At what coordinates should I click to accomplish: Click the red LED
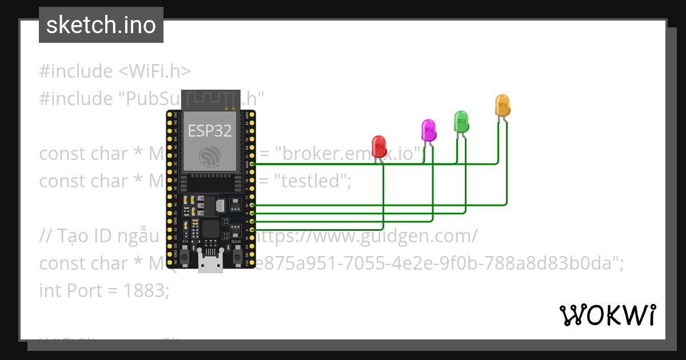(378, 146)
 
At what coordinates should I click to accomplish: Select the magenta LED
(428, 130)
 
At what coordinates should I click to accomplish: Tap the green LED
(461, 121)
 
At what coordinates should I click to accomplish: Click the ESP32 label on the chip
(210, 131)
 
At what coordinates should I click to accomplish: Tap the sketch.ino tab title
(101, 25)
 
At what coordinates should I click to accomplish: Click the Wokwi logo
(607, 315)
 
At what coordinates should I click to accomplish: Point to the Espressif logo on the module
(210, 157)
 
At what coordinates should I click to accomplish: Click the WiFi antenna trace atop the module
(210, 99)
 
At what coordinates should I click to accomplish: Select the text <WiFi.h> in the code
(154, 71)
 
